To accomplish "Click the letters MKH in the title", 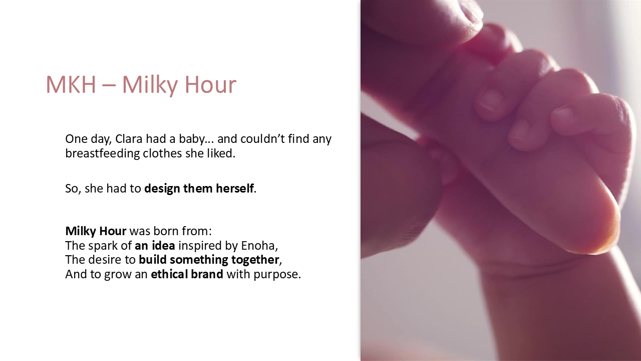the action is pyautogui.click(x=71, y=85).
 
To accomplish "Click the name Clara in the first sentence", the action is pyautogui.click(x=129, y=139).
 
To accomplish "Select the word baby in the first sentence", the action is pyautogui.click(x=192, y=139).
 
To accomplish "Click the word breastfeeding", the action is pyautogui.click(x=102, y=153).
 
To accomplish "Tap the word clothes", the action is pyautogui.click(x=162, y=153).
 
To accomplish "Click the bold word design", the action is pyautogui.click(x=162, y=189).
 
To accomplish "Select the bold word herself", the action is pyautogui.click(x=235, y=189).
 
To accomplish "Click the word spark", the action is pyautogui.click(x=102, y=246).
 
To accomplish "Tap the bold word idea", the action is pyautogui.click(x=163, y=246).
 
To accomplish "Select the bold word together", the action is pyautogui.click(x=255, y=260).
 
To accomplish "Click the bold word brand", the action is pyautogui.click(x=207, y=274).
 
